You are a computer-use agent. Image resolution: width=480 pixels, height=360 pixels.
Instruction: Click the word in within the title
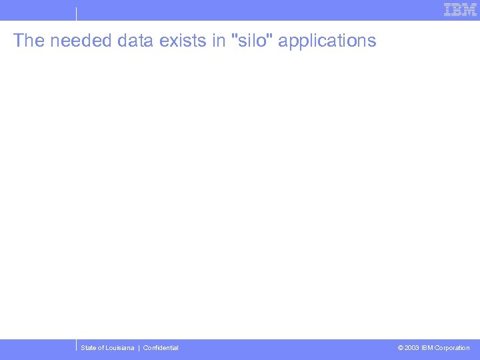coord(219,41)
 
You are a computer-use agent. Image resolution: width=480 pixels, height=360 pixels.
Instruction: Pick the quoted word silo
coord(252,41)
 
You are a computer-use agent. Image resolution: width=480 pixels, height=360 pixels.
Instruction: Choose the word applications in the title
coord(327,41)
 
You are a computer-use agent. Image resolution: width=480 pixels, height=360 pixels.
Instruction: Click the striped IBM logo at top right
coord(461,10)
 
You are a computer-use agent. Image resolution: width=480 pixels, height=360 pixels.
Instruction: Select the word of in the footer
coord(101,348)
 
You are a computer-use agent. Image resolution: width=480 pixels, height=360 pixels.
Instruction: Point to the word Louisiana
coord(120,348)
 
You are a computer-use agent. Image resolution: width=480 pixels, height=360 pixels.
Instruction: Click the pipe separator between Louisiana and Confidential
coord(139,348)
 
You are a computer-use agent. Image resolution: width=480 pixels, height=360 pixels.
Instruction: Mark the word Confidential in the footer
coord(161,348)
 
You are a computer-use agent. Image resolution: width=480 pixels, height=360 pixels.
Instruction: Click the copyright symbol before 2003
coord(400,348)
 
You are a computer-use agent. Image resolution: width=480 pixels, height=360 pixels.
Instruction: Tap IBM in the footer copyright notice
coord(427,348)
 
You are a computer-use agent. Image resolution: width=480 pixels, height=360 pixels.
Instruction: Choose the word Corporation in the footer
coord(452,348)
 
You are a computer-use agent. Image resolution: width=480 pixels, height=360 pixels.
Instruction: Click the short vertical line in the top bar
coord(76,13)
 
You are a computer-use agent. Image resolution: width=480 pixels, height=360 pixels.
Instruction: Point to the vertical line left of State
coord(77,347)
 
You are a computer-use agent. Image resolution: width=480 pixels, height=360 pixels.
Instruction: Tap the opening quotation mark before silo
coord(232,35)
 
